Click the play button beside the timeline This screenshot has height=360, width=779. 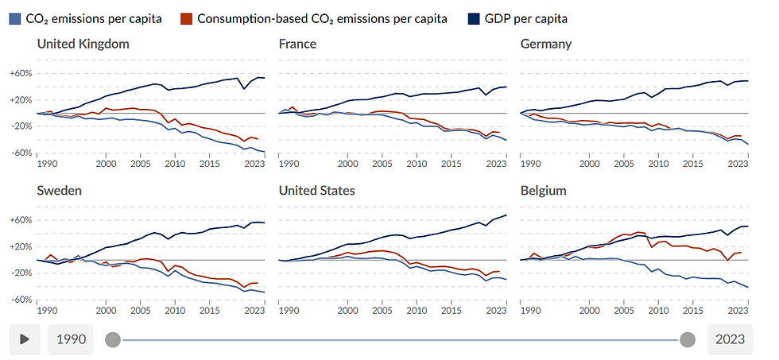(x=25, y=339)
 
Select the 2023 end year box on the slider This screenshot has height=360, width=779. (x=729, y=339)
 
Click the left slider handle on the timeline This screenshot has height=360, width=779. (x=113, y=339)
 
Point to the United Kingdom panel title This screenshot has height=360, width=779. (x=83, y=44)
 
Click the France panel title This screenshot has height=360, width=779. (x=297, y=44)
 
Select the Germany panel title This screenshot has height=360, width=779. (x=545, y=44)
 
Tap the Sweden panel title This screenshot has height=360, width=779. (x=60, y=191)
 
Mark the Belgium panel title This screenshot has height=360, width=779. (x=543, y=191)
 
